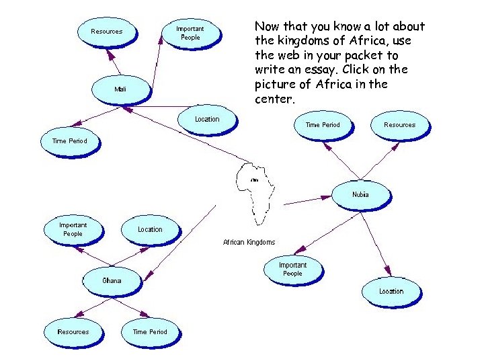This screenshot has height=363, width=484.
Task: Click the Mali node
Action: click(120, 89)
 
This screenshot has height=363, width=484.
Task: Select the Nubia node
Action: click(360, 195)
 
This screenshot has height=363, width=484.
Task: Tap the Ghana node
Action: click(112, 280)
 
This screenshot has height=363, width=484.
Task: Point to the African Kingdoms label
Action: click(249, 242)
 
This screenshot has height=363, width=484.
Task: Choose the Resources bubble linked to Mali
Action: click(107, 31)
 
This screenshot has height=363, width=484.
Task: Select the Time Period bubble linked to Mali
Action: click(69, 141)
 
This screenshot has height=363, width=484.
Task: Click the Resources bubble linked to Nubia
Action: click(399, 124)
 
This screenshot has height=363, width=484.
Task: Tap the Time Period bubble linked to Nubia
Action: click(323, 124)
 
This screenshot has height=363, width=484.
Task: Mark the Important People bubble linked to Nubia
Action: click(292, 269)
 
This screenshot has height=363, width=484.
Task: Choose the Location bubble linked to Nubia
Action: click(391, 291)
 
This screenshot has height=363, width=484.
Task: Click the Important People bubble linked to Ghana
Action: click(73, 229)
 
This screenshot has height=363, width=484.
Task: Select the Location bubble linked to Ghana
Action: click(150, 229)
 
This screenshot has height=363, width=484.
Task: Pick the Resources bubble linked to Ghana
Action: click(73, 331)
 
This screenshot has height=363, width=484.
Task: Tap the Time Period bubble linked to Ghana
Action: click(150, 331)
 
